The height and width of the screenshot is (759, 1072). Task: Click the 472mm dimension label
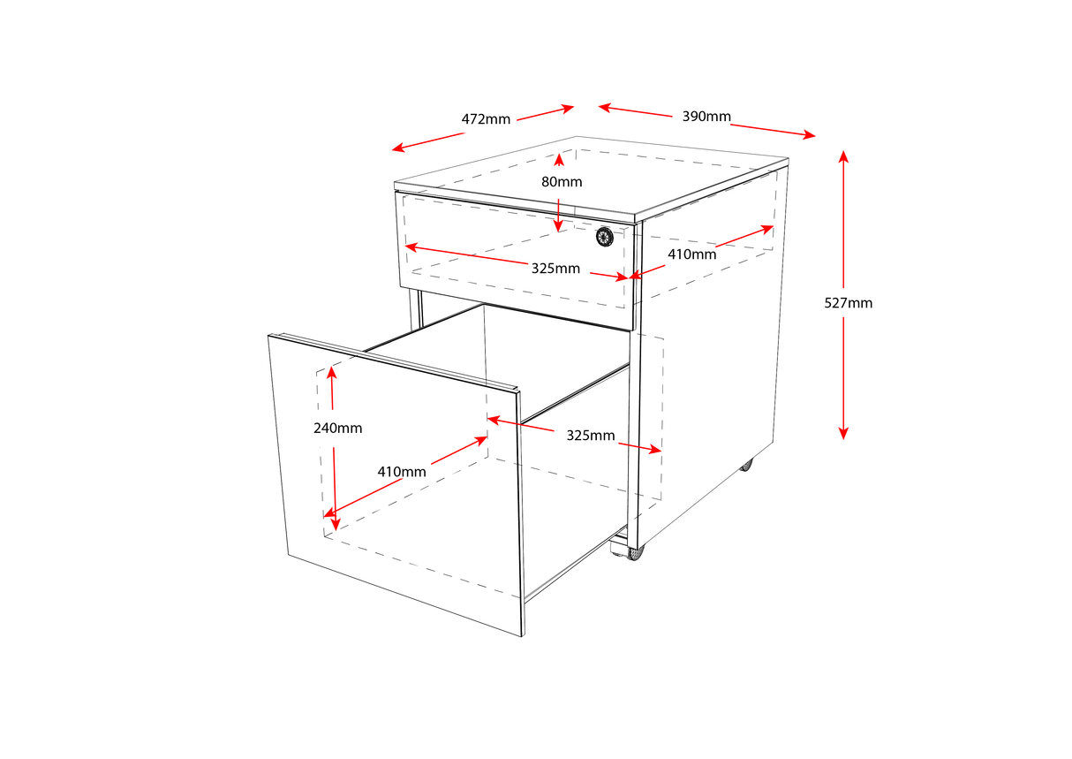(486, 119)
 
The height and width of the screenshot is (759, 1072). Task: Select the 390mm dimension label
(706, 117)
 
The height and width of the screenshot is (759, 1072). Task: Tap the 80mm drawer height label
(562, 182)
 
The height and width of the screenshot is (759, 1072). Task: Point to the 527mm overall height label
(848, 303)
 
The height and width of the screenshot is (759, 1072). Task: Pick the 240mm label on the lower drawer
(337, 428)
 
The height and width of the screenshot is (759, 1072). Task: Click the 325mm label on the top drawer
(555, 268)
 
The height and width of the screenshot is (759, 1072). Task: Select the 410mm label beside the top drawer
(691, 254)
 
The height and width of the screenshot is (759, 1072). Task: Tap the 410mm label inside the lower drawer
(402, 472)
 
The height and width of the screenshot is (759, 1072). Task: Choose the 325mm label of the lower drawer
(591, 436)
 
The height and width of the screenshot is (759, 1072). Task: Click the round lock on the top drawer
(605, 235)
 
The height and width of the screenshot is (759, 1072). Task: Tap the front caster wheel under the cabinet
(635, 552)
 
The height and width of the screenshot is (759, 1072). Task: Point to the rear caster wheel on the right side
(746, 464)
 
